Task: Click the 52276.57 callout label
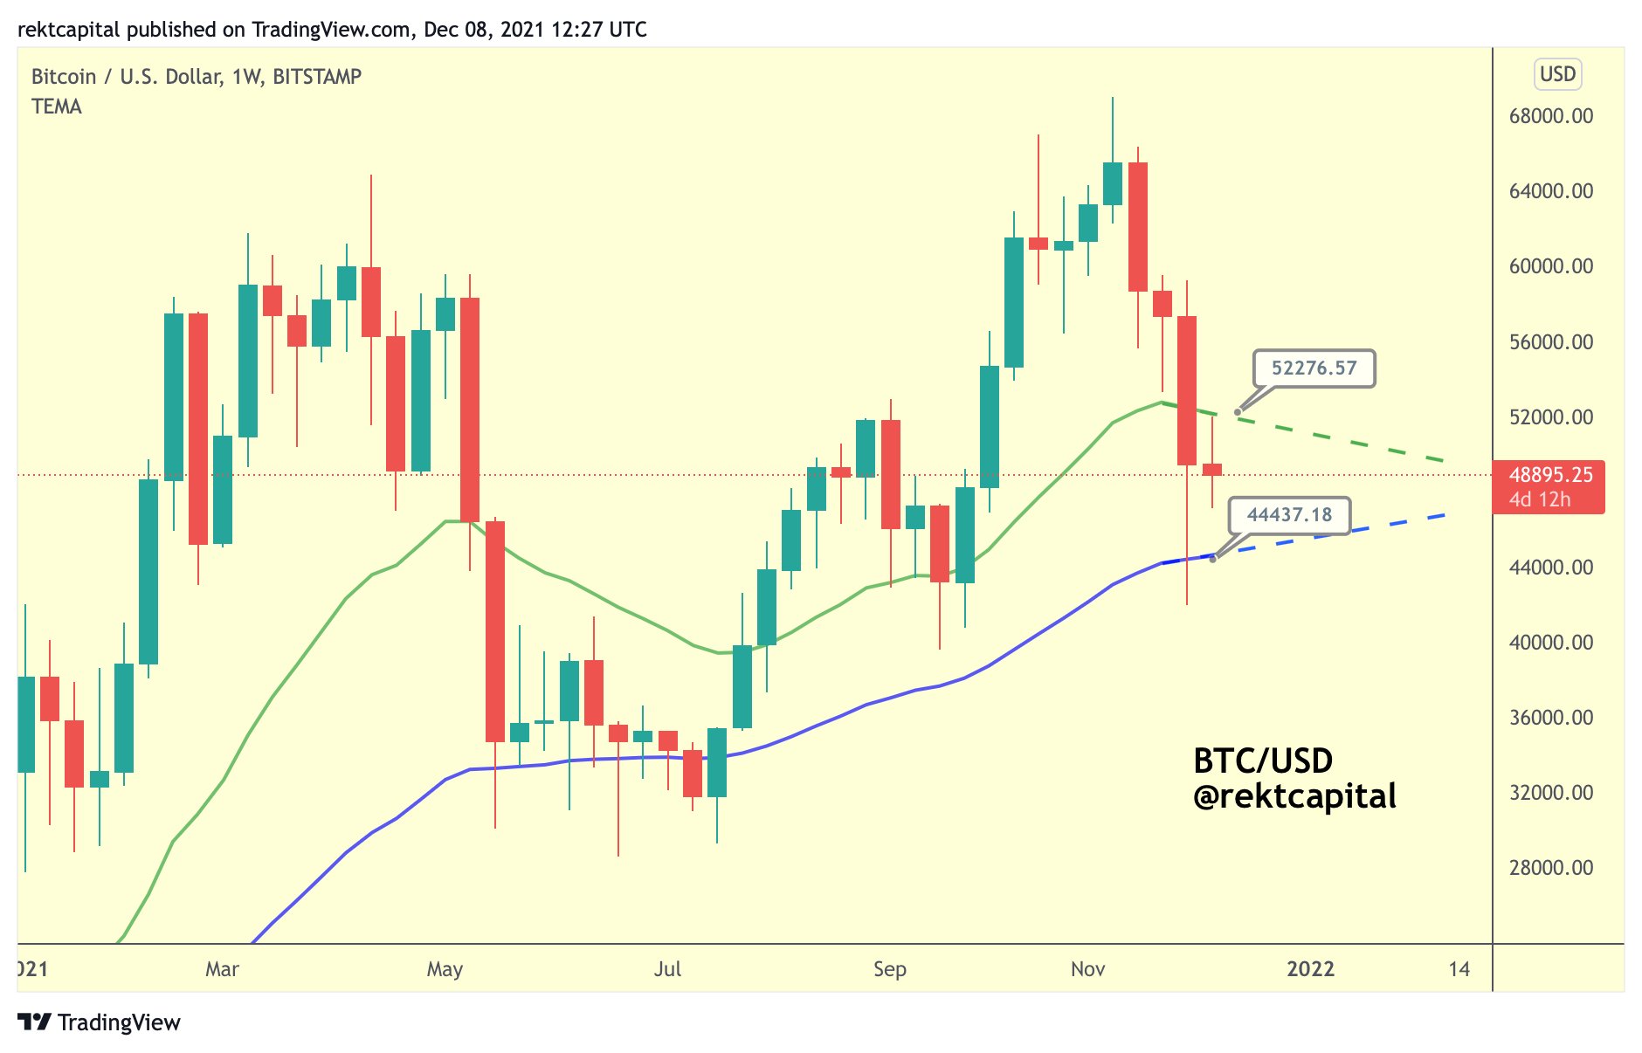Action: [1314, 368]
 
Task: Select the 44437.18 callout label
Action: [1289, 515]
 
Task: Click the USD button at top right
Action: [1557, 74]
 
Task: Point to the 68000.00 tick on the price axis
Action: [1550, 116]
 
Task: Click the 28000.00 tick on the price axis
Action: [1550, 868]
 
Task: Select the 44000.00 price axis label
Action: [1550, 568]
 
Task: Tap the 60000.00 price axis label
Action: [1550, 266]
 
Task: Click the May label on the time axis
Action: [445, 969]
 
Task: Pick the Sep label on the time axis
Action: [890, 969]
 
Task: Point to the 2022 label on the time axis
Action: [1310, 969]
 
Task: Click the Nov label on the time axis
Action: [1088, 969]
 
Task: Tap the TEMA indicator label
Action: [57, 107]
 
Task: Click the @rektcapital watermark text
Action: [1294, 796]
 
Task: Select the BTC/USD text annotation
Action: [1263, 760]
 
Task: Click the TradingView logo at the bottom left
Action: [99, 1022]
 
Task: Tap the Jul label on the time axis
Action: [668, 969]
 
